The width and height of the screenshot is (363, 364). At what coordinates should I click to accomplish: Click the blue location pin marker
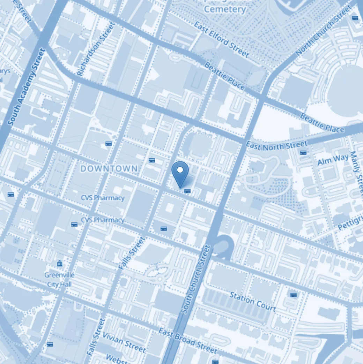(180, 174)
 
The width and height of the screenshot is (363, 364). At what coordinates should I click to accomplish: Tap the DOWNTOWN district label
(109, 169)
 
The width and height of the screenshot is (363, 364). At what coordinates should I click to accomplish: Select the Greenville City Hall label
(59, 280)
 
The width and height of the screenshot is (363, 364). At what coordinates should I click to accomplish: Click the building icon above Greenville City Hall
(60, 263)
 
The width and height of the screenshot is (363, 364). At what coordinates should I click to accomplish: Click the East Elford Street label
(222, 39)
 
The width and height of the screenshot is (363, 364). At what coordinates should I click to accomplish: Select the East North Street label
(276, 145)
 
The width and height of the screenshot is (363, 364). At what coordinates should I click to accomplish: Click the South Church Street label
(196, 279)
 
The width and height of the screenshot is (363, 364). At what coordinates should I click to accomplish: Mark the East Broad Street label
(188, 341)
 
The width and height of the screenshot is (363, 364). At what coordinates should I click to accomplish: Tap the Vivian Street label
(124, 342)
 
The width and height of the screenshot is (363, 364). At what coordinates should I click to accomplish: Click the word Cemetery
(225, 9)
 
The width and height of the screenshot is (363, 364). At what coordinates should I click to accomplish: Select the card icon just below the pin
(187, 191)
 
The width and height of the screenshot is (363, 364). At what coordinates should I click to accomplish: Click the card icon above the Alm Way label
(303, 152)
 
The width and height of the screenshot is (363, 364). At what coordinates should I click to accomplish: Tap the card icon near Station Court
(294, 295)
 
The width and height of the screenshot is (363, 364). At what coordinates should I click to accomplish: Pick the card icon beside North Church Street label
(355, 18)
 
